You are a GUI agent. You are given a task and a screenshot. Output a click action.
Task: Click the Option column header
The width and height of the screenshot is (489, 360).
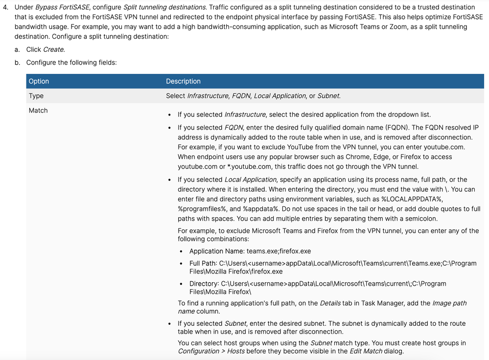pyautogui.click(x=39, y=81)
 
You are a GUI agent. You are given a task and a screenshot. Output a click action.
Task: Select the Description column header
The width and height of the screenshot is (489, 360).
pyautogui.click(x=183, y=81)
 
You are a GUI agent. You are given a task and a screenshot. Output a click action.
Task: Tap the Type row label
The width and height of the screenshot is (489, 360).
pyautogui.click(x=36, y=96)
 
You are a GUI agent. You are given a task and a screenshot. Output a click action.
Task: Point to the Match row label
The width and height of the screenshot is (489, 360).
pyautogui.click(x=38, y=111)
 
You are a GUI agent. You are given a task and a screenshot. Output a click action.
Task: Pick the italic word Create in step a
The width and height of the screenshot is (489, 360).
pyautogui.click(x=54, y=49)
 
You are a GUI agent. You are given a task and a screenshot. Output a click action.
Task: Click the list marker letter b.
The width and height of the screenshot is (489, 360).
pyautogui.click(x=17, y=63)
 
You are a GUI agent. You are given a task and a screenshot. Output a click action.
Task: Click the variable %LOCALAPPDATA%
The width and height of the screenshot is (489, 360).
pyautogui.click(x=427, y=199)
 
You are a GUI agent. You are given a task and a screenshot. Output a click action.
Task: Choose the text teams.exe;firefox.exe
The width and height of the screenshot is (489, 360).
pyautogui.click(x=279, y=251)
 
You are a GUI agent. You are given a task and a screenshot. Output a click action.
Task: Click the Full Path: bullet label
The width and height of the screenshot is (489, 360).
pyautogui.click(x=203, y=263)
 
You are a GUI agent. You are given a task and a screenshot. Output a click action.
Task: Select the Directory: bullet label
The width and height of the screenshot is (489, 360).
pyautogui.click(x=204, y=284)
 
